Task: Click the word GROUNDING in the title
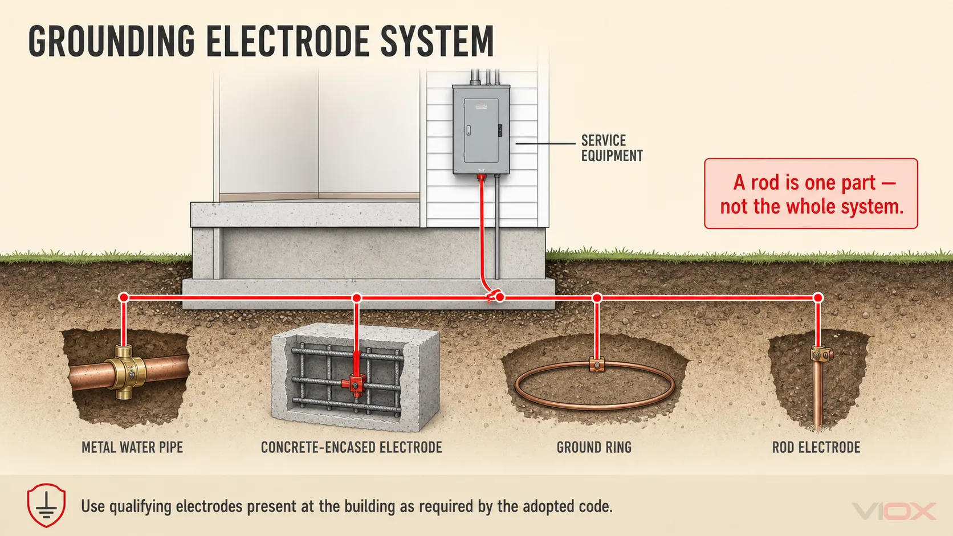[x=112, y=41]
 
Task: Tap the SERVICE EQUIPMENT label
[x=612, y=148]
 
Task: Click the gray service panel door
[x=480, y=130]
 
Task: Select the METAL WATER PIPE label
[x=132, y=447]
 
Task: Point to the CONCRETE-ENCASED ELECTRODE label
[x=352, y=447]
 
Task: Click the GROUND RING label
[x=594, y=447]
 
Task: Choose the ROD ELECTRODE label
[x=816, y=447]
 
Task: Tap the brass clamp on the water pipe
[x=125, y=373]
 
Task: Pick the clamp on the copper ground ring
[x=596, y=365]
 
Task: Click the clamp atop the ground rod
[x=821, y=354]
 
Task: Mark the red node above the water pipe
[x=123, y=297]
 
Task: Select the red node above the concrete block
[x=357, y=297]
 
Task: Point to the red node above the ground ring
[x=597, y=297]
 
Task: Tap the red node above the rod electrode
[x=818, y=297]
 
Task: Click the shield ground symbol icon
[x=46, y=505]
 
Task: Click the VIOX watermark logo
[x=894, y=511]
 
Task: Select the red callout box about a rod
[x=811, y=194]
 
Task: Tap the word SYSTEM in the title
[x=437, y=41]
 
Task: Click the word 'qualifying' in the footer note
[x=140, y=507]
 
